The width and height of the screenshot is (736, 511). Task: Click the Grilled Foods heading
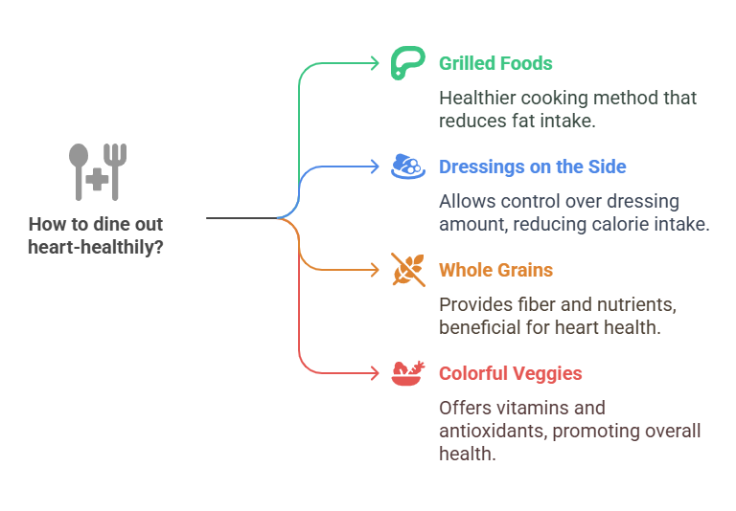pos(495,64)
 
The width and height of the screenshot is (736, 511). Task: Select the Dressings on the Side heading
pos(532,167)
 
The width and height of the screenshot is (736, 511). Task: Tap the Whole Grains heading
pos(495,271)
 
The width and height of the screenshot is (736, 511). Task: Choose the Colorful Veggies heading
pos(510,374)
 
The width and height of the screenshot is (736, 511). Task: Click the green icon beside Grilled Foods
pos(408,63)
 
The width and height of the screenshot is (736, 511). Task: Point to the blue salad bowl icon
pos(408,167)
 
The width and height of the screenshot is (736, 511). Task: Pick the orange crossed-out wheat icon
pos(408,270)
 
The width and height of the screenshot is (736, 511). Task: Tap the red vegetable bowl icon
pos(408,373)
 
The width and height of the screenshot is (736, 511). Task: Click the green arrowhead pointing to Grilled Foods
pos(376,63)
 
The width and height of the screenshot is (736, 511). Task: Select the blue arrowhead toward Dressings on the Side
pos(376,167)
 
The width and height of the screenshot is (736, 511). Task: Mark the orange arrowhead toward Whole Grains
pos(376,270)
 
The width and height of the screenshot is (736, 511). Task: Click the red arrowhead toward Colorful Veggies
pos(376,373)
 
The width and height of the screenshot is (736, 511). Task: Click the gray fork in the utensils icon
pos(117,170)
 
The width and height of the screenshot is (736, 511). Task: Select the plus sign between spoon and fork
pos(96,180)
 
